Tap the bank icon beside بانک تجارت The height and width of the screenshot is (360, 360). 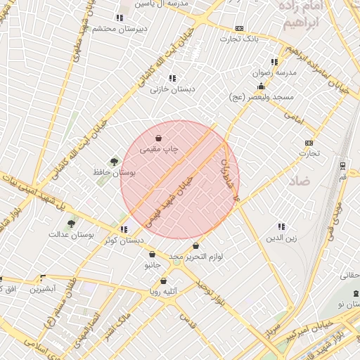[x=240, y=28]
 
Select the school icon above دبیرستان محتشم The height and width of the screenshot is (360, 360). [x=118, y=18]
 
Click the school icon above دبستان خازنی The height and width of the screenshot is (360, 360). [x=172, y=79]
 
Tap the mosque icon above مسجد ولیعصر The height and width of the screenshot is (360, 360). [x=261, y=86]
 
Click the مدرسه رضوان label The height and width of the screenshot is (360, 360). [x=276, y=72]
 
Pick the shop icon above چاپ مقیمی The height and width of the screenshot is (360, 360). [x=160, y=139]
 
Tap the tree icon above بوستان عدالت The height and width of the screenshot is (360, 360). [x=71, y=224]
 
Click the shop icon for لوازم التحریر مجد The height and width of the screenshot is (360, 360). [x=195, y=247]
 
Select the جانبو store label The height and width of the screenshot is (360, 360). [x=153, y=265]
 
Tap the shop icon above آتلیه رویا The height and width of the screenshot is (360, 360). [x=164, y=281]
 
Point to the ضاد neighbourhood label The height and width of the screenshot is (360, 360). [x=299, y=181]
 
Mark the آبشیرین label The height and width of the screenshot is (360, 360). [x=42, y=288]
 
